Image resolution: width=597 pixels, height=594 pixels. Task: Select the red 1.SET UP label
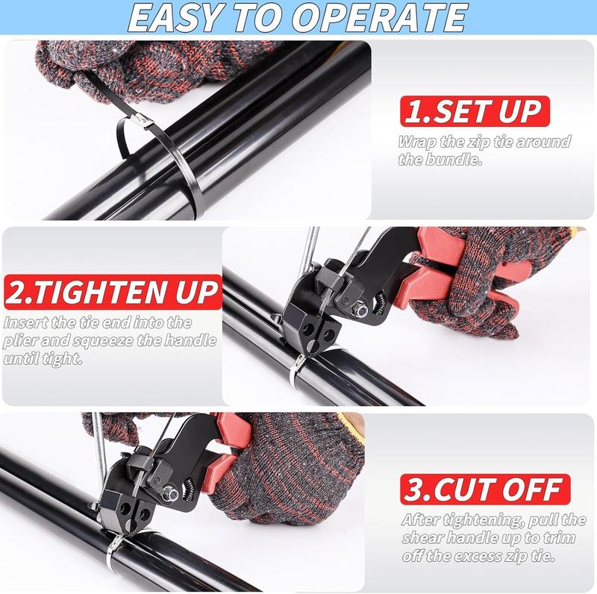(471, 111)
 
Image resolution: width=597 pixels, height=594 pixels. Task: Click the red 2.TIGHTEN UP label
(112, 291)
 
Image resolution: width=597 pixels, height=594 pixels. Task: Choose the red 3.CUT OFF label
(481, 490)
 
